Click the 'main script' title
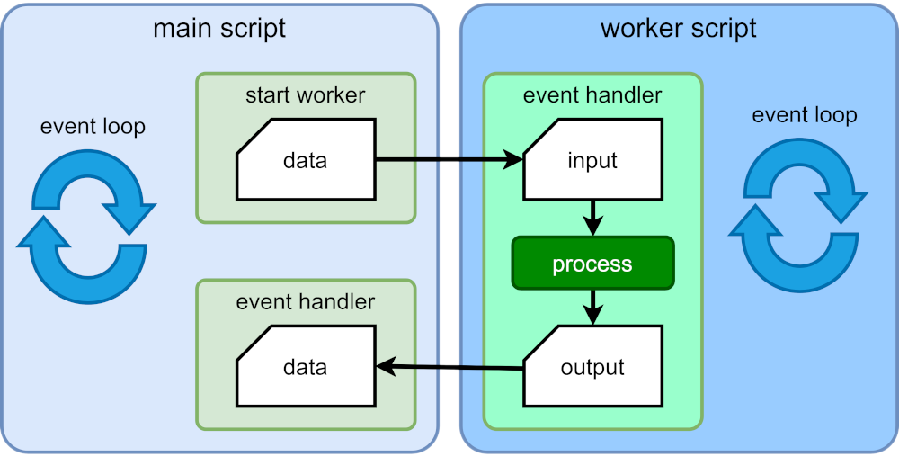coord(219,28)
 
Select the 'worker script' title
coord(678,28)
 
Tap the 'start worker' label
coord(305,94)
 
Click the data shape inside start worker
coord(305,162)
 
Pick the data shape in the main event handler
coord(305,367)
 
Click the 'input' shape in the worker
coord(592,162)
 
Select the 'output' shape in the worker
coord(592,367)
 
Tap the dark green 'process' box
coord(592,264)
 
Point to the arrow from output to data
coord(449,366)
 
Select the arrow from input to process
coord(592,217)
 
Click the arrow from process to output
coord(592,307)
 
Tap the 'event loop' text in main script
coord(93,127)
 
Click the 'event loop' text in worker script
coord(804,115)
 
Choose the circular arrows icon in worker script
coord(798,213)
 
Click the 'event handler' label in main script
coord(305,301)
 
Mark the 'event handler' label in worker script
coord(592,94)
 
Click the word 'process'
coord(592,264)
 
